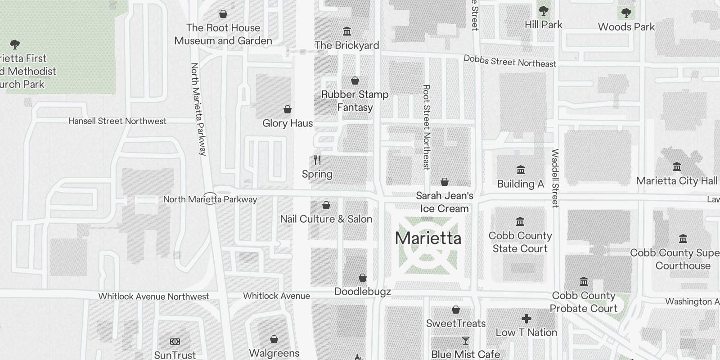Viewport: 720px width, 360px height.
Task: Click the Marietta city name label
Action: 428,238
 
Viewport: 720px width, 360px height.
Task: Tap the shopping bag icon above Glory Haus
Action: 288,109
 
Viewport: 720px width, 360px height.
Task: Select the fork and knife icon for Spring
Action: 317,160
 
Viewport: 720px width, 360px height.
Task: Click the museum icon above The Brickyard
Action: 347,31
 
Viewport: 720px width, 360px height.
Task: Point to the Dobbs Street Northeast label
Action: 510,61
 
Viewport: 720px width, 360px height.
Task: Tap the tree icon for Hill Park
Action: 543,11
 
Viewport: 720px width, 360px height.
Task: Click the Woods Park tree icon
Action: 626,13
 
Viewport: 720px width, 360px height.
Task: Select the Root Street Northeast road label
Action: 427,127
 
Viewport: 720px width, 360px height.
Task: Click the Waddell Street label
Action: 555,178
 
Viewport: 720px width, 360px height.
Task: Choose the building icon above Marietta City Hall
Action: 676,167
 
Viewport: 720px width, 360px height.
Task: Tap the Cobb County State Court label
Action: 520,242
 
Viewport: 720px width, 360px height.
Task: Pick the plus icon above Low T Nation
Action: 526,319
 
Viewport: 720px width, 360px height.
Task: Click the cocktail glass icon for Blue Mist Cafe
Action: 465,341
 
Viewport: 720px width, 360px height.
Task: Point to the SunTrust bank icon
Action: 175,342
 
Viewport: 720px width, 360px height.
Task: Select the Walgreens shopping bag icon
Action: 274,339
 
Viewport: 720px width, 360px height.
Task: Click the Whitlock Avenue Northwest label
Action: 154,297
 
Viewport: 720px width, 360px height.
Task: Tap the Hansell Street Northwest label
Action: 117,121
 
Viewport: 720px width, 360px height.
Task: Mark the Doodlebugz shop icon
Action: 363,278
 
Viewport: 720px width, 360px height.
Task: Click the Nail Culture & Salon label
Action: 326,219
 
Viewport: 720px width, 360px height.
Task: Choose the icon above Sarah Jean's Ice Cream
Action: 445,182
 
